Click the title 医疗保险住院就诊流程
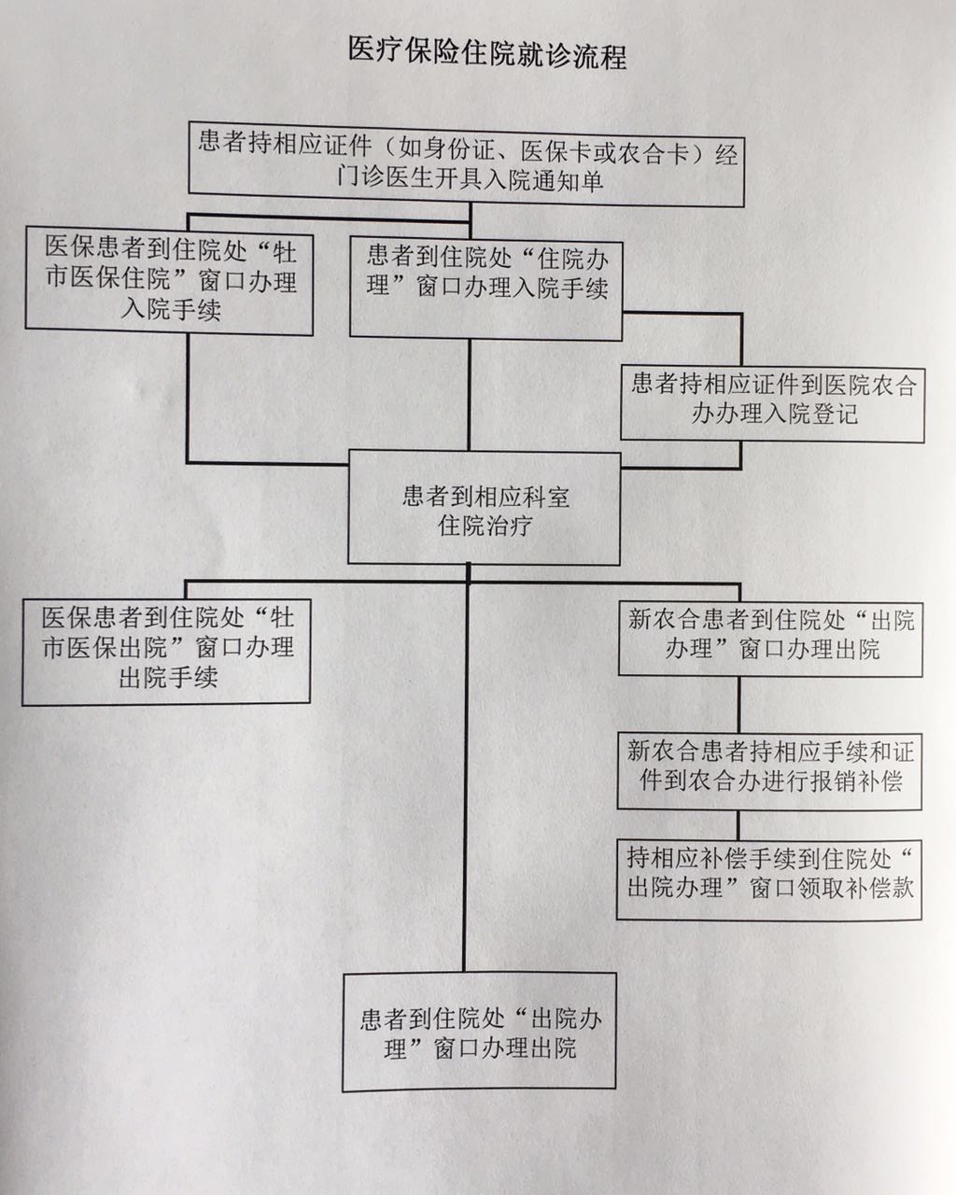[x=487, y=54]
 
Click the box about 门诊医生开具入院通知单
[x=466, y=165]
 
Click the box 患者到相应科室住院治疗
[x=484, y=508]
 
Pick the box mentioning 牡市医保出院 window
[x=166, y=652]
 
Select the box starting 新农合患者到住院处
[x=771, y=639]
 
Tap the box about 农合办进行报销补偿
[x=769, y=771]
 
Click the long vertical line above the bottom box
[x=466, y=769]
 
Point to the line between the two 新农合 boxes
[x=738, y=705]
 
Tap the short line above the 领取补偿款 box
[x=738, y=824]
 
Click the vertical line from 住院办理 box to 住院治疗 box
[x=470, y=395]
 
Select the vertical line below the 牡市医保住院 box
[x=189, y=399]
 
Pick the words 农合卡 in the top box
[x=654, y=153]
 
